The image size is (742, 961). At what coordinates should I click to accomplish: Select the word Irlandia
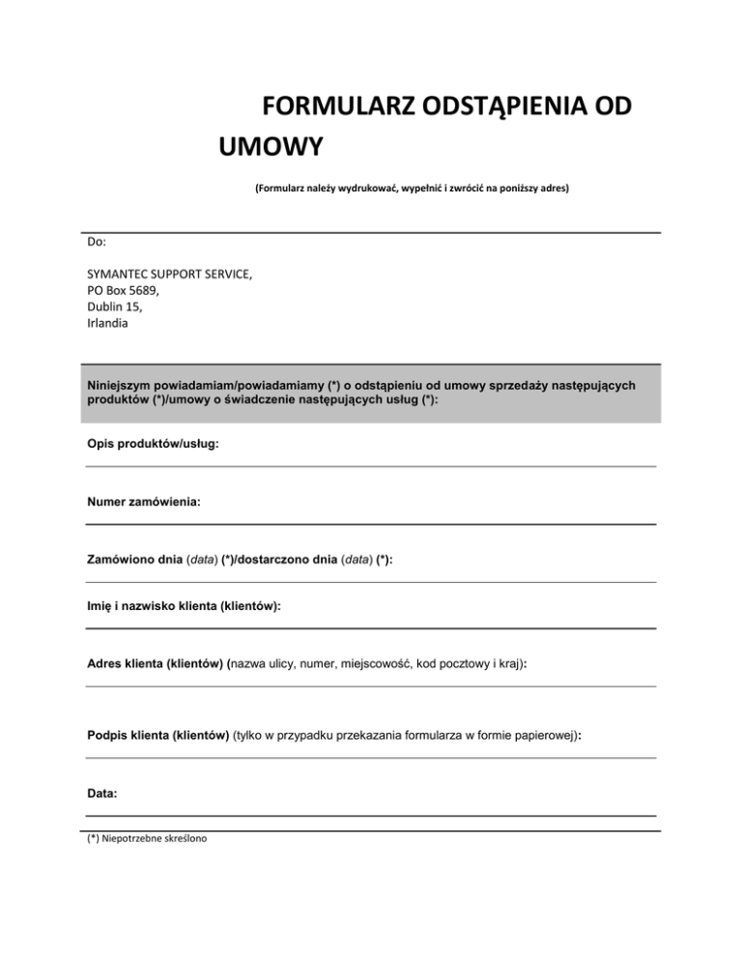[x=107, y=324]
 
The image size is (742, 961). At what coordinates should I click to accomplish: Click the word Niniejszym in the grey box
[x=120, y=385]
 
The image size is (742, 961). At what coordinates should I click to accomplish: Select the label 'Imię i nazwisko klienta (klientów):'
[x=184, y=607]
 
